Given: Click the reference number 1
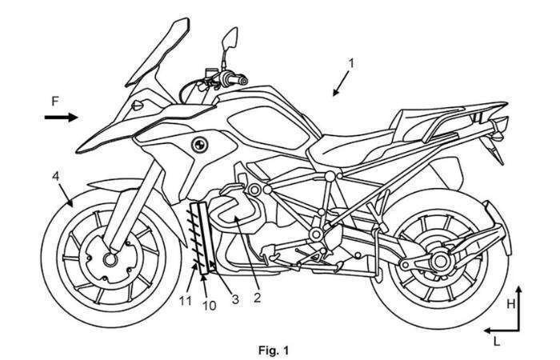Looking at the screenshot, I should click(353, 62).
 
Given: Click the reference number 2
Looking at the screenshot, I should click(258, 299).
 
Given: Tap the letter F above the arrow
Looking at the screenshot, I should click(54, 102).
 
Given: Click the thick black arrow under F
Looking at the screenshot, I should click(61, 118).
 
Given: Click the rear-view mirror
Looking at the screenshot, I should click(229, 37).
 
